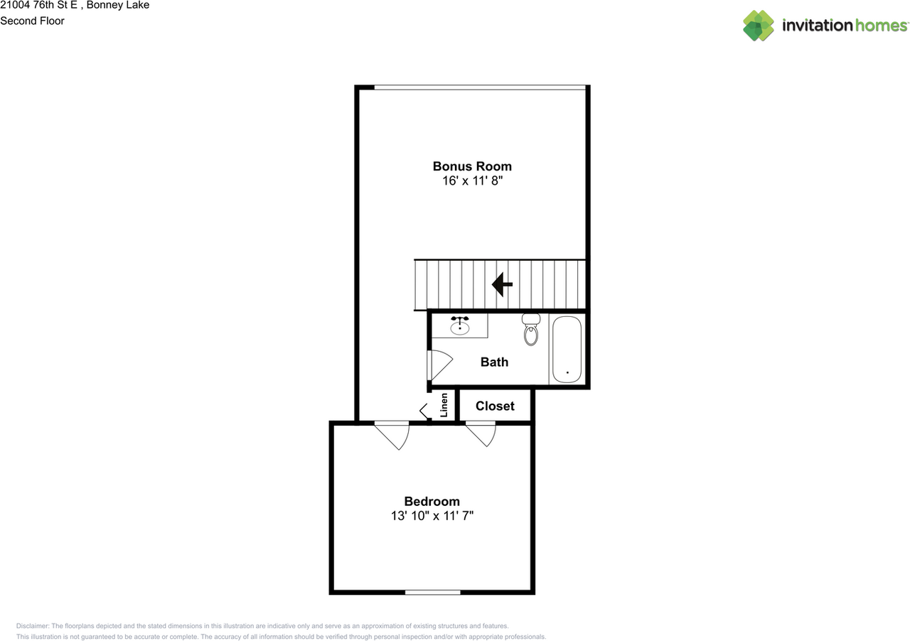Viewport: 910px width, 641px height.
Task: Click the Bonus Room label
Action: tap(472, 166)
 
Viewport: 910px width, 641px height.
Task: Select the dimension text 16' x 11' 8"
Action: tap(473, 181)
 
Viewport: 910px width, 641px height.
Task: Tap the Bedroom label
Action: tap(432, 501)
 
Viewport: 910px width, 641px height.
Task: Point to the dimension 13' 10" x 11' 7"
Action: tap(432, 515)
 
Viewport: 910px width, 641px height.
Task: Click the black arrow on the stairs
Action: tap(502, 284)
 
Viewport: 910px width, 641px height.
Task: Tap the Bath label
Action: tap(494, 362)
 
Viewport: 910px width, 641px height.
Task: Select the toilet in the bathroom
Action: tap(531, 330)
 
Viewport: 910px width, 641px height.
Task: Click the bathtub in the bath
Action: tap(567, 350)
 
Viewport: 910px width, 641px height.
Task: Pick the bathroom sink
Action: tap(460, 325)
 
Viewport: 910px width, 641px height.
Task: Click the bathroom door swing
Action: tap(440, 365)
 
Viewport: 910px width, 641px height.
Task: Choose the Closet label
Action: tap(495, 406)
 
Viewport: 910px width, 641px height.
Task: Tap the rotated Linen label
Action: tap(444, 405)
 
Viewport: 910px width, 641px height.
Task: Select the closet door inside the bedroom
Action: tap(481, 434)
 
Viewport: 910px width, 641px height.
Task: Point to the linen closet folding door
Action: tap(424, 411)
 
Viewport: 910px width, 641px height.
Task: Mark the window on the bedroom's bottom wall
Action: tap(433, 592)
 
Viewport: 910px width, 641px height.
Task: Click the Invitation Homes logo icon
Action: tap(759, 26)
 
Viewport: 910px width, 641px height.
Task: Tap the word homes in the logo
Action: tap(881, 26)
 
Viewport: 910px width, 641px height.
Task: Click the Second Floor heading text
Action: tap(32, 21)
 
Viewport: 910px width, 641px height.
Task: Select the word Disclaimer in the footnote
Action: tap(32, 626)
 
